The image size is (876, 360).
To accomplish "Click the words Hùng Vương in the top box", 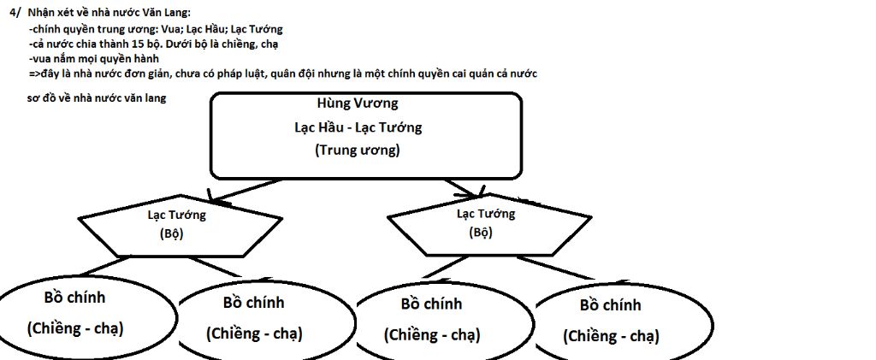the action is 358,103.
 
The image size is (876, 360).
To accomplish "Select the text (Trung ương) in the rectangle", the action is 358,150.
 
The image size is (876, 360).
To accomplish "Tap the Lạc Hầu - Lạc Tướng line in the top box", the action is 358,127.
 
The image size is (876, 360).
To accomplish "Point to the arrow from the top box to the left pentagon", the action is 243,190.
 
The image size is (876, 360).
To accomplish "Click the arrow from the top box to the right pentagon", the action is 465,188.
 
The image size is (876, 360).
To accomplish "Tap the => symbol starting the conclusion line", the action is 35,74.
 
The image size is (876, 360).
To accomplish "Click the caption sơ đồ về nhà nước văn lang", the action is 97,99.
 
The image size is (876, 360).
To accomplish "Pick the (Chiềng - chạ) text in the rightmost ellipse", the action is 611,337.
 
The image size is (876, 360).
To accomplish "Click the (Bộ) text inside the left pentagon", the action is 171,233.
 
